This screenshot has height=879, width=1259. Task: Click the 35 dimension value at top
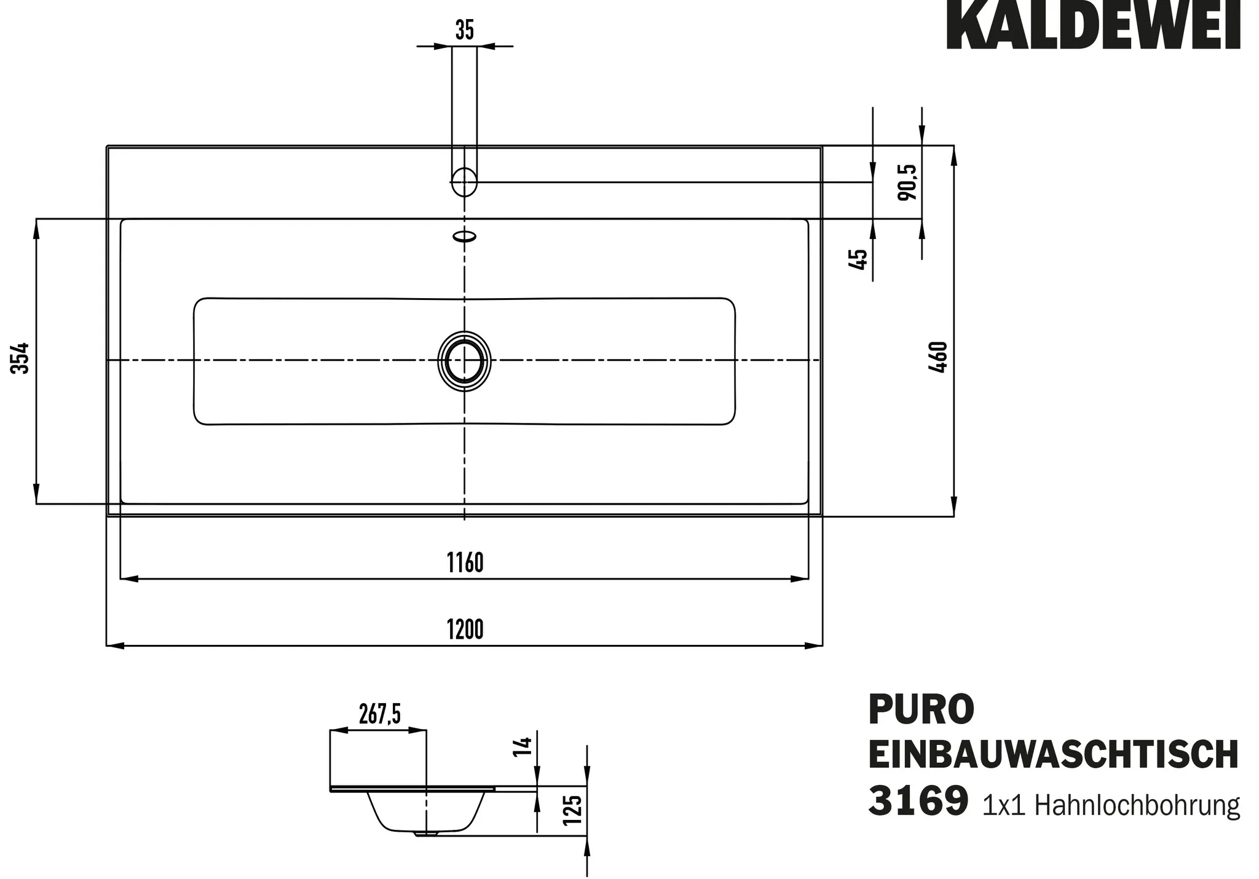(465, 30)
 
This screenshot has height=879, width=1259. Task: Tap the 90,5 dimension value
(907, 182)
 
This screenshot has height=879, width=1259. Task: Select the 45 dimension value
(858, 259)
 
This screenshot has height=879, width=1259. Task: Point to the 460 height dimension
(939, 357)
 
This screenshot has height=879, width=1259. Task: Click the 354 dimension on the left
(21, 358)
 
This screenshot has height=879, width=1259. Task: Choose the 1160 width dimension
(465, 563)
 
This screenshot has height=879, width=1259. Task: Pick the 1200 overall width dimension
(465, 629)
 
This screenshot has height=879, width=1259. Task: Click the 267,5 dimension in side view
(379, 714)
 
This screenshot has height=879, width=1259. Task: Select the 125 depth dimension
(572, 811)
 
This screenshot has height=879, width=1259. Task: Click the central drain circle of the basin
(465, 361)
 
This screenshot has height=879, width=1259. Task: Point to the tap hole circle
(465, 182)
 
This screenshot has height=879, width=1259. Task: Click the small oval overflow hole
(465, 236)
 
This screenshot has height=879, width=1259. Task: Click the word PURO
(921, 709)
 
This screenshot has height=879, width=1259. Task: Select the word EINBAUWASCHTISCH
(1053, 755)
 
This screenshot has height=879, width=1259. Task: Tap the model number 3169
(918, 801)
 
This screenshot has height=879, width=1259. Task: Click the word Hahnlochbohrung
(1137, 805)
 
